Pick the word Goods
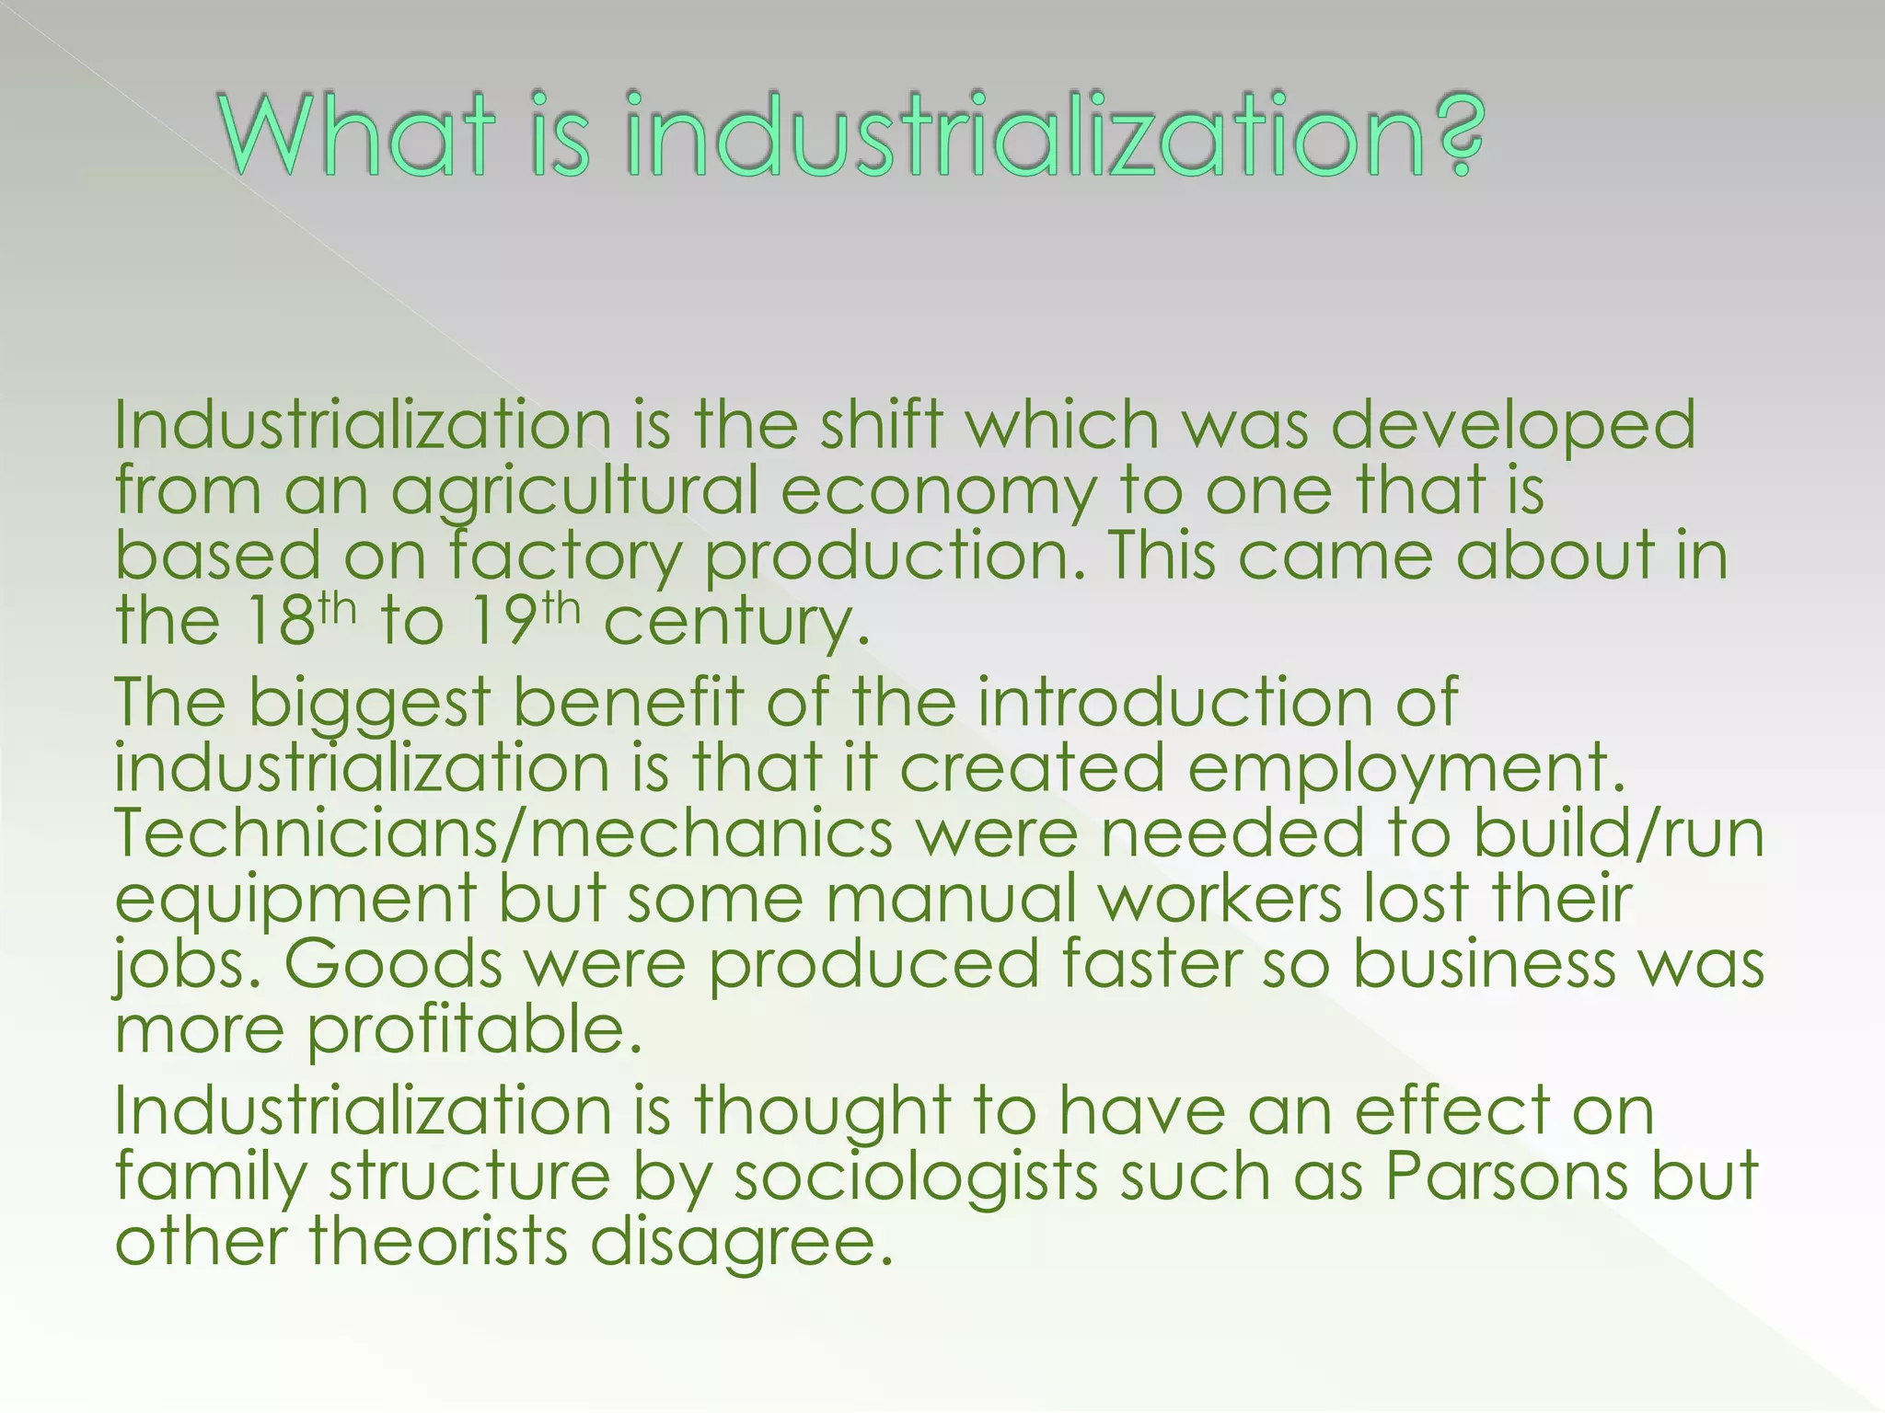393,964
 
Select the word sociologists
915,1178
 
